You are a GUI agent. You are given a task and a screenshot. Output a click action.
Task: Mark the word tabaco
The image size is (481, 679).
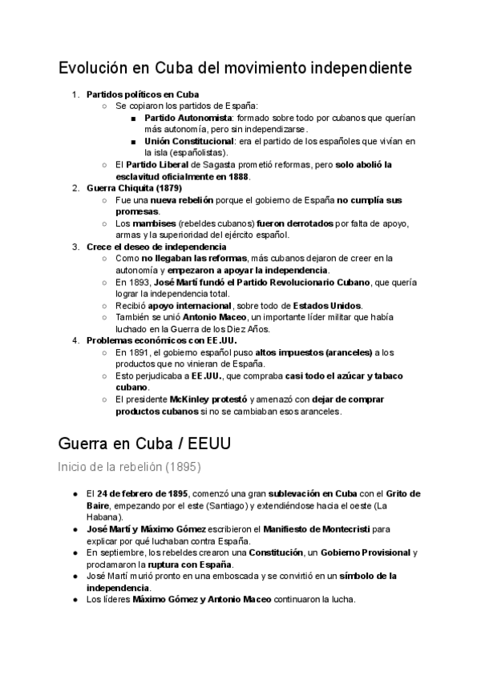click(386, 376)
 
